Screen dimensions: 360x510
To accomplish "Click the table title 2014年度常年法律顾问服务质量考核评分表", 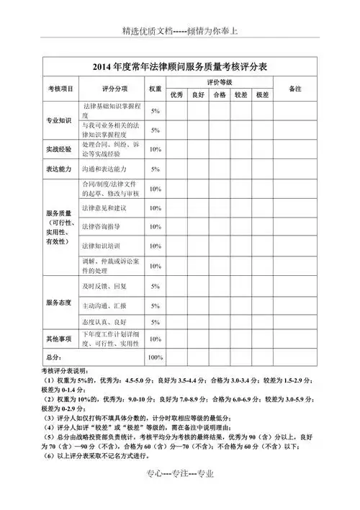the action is (180, 66).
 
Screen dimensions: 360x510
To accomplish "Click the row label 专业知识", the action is (60, 120).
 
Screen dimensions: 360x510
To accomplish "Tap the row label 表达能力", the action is (60, 169).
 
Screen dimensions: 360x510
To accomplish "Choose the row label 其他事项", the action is (60, 339).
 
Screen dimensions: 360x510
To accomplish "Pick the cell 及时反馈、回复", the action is (104, 286).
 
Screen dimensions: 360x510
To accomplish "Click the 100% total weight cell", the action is (155, 357).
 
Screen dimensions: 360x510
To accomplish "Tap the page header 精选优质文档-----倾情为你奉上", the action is (179, 32).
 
